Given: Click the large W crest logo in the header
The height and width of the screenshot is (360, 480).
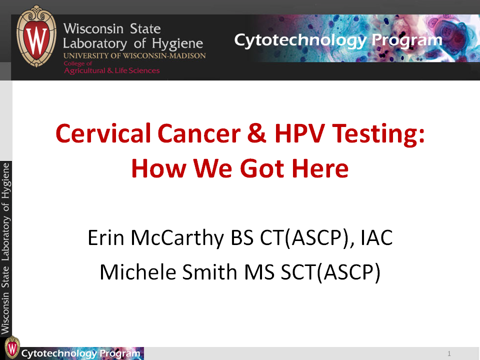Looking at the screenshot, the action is click(36, 36).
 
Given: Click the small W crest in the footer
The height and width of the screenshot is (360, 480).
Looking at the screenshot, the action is click(12, 347).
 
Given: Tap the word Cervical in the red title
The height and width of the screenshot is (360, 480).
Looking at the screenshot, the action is click(103, 133).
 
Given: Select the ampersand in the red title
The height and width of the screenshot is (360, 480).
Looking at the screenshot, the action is click(256, 133).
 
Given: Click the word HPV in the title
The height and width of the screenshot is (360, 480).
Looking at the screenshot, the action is click(299, 133).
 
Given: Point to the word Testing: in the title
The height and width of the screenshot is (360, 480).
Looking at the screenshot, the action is click(378, 134).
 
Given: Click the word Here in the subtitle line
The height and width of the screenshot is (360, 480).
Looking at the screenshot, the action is click(320, 168).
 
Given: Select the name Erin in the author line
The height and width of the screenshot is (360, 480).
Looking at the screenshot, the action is click(105, 237).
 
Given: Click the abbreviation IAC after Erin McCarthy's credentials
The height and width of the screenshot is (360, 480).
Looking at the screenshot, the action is click(376, 237).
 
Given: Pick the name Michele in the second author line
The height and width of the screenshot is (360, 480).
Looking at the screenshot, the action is click(138, 271).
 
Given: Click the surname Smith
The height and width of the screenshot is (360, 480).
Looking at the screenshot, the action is click(209, 271).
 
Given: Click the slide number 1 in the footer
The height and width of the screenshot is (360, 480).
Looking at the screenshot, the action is click(449, 353).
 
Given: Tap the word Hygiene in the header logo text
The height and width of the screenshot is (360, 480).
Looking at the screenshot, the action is click(177, 44).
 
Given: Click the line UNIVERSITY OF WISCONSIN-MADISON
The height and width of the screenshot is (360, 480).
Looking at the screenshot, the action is click(134, 55).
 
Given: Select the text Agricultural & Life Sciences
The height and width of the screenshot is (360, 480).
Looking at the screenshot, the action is click(111, 70).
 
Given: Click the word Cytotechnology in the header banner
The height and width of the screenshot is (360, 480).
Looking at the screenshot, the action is click(300, 40).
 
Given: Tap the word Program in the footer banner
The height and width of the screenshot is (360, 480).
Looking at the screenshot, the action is click(120, 353).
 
